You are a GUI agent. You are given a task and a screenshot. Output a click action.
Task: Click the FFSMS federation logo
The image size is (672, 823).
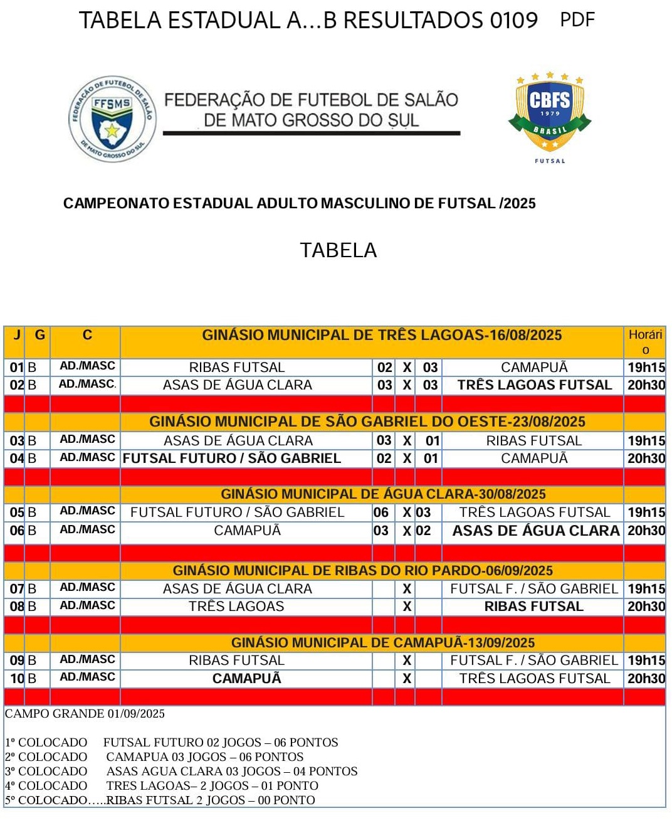[112, 119]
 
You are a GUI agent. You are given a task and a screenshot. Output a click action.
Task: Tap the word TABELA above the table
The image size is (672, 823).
[338, 250]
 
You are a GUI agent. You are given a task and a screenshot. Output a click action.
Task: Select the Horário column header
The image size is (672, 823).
[645, 342]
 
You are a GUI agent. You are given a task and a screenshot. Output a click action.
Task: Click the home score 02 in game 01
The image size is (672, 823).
[384, 368]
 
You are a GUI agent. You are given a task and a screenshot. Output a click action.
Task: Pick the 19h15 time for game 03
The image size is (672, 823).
[646, 441]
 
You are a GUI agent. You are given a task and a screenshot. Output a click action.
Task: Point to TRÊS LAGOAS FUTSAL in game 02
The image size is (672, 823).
[534, 385]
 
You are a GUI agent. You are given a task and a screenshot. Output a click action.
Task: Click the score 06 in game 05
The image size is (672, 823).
[381, 512]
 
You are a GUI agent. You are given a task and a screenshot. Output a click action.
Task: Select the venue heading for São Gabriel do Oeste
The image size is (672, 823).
[367, 422]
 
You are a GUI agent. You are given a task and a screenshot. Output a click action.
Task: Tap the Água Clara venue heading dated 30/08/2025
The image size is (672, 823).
[383, 494]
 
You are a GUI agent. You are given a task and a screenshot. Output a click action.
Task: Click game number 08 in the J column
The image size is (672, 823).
[17, 607]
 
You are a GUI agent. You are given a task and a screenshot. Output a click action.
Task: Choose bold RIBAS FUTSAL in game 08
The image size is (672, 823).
[534, 607]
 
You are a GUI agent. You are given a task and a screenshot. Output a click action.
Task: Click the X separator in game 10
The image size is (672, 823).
[407, 679]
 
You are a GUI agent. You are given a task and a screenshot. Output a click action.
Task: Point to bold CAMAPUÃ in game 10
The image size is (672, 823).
[247, 679]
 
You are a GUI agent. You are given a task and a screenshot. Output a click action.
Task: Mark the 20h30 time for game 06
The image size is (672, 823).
[646, 531]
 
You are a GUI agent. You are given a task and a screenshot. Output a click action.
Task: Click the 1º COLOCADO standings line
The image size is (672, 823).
[172, 743]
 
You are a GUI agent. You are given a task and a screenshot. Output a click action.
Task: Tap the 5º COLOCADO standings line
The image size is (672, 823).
[160, 800]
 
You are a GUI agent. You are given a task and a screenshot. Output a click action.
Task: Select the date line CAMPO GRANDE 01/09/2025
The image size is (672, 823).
[85, 714]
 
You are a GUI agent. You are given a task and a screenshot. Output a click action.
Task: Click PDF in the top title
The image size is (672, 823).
[577, 20]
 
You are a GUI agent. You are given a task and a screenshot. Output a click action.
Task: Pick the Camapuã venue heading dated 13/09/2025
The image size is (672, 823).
[383, 643]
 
